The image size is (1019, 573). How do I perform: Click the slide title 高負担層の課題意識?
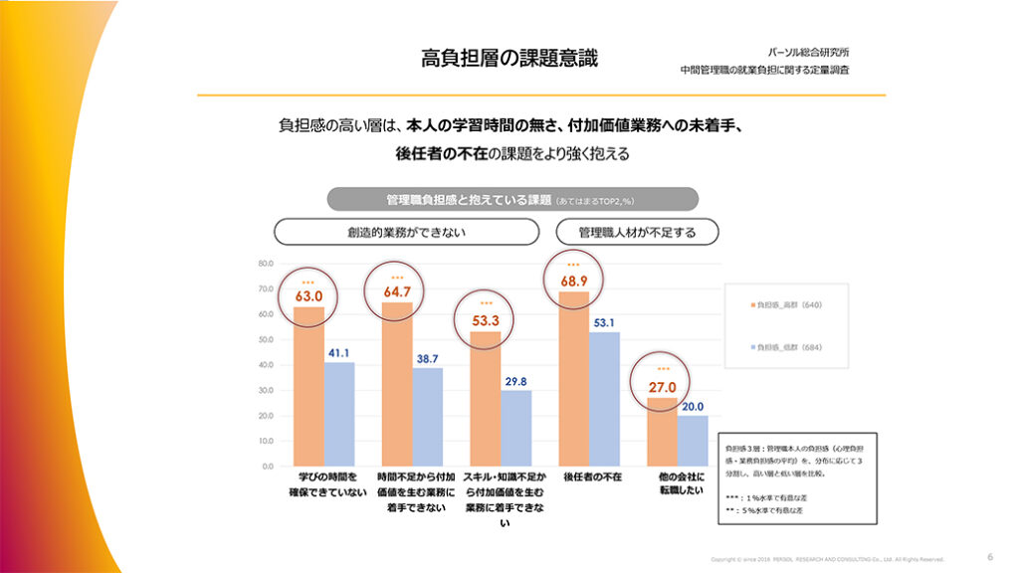509,58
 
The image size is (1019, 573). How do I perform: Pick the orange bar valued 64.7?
397,384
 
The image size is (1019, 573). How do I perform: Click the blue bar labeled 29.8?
515,428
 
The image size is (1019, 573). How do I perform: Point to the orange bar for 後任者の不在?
574,378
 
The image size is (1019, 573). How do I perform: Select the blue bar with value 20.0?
693,441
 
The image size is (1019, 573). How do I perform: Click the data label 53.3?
485,320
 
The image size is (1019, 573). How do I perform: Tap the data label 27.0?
662,387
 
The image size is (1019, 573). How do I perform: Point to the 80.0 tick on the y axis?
265,264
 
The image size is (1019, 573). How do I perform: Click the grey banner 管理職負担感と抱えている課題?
512,199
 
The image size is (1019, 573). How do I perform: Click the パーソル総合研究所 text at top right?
809,51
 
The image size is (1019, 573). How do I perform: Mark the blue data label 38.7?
428,357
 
